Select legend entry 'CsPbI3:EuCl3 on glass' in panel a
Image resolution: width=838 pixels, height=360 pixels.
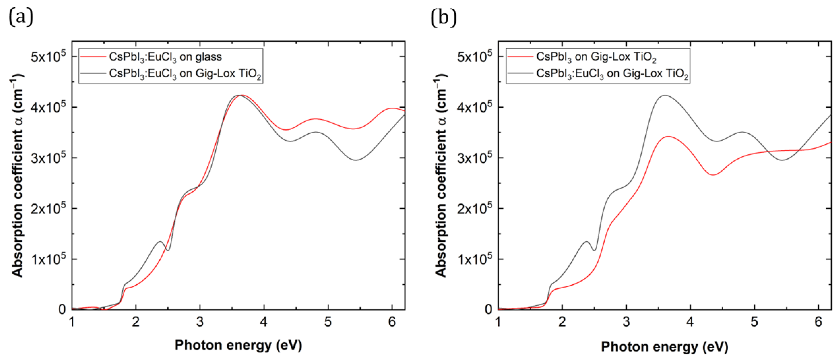tap(165, 57)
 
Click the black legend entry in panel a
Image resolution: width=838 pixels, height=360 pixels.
tap(185, 74)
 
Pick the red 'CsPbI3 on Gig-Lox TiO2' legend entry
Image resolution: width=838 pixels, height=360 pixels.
tap(596, 57)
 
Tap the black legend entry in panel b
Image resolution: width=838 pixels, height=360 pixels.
tap(612, 74)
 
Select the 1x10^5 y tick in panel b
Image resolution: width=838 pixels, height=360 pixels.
tap(474, 259)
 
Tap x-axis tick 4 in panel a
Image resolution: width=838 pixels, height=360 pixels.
tap(264, 322)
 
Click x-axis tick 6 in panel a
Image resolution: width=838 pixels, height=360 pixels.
tap(392, 322)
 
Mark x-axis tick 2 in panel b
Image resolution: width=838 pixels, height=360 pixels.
tap(562, 322)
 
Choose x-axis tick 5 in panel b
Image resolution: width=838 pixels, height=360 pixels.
tap(754, 322)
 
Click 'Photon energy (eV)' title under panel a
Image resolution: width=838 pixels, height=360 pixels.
tap(238, 345)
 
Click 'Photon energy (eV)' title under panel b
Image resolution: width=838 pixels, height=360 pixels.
tap(664, 347)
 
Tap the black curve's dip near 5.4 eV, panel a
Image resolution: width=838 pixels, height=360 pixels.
tap(356, 160)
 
